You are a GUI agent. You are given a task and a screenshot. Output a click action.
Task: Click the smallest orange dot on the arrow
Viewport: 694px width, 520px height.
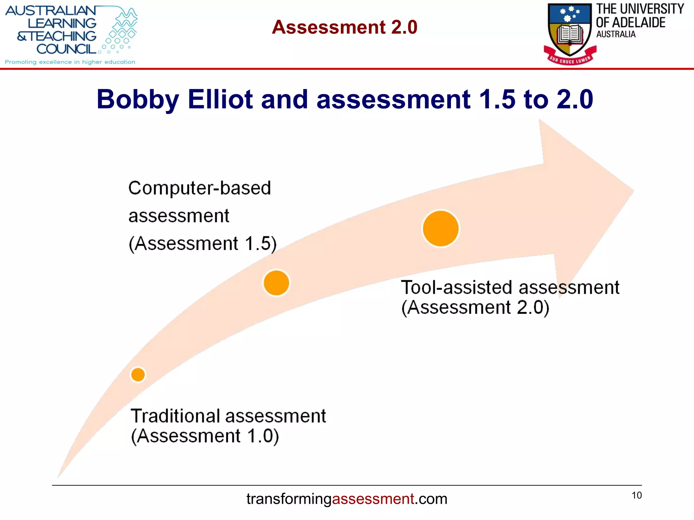coord(138,375)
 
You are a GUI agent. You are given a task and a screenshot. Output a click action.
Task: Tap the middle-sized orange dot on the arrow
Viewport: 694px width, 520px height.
coord(276,283)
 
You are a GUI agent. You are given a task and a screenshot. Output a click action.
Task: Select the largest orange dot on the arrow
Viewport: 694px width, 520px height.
coord(441,229)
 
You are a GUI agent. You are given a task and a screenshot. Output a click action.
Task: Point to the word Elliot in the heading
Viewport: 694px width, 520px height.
coord(220,100)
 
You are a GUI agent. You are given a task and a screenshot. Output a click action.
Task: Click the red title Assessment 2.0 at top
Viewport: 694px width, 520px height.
coord(345,27)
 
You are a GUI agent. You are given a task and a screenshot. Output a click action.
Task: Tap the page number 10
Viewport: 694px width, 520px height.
coord(637,495)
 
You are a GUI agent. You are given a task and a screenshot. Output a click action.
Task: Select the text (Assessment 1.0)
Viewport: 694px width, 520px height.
coord(205,436)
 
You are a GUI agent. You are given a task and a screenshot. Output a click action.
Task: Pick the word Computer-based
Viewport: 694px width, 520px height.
coord(200,188)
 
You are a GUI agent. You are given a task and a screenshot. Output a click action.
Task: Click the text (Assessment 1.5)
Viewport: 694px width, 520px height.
coord(203,244)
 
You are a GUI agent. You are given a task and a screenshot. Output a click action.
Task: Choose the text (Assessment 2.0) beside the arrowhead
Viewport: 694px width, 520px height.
coord(475,307)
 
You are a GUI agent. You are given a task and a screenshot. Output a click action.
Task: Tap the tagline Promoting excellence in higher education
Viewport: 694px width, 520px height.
coord(70,62)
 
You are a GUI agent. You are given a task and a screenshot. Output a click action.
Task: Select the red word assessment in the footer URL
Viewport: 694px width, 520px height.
coord(373,499)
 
